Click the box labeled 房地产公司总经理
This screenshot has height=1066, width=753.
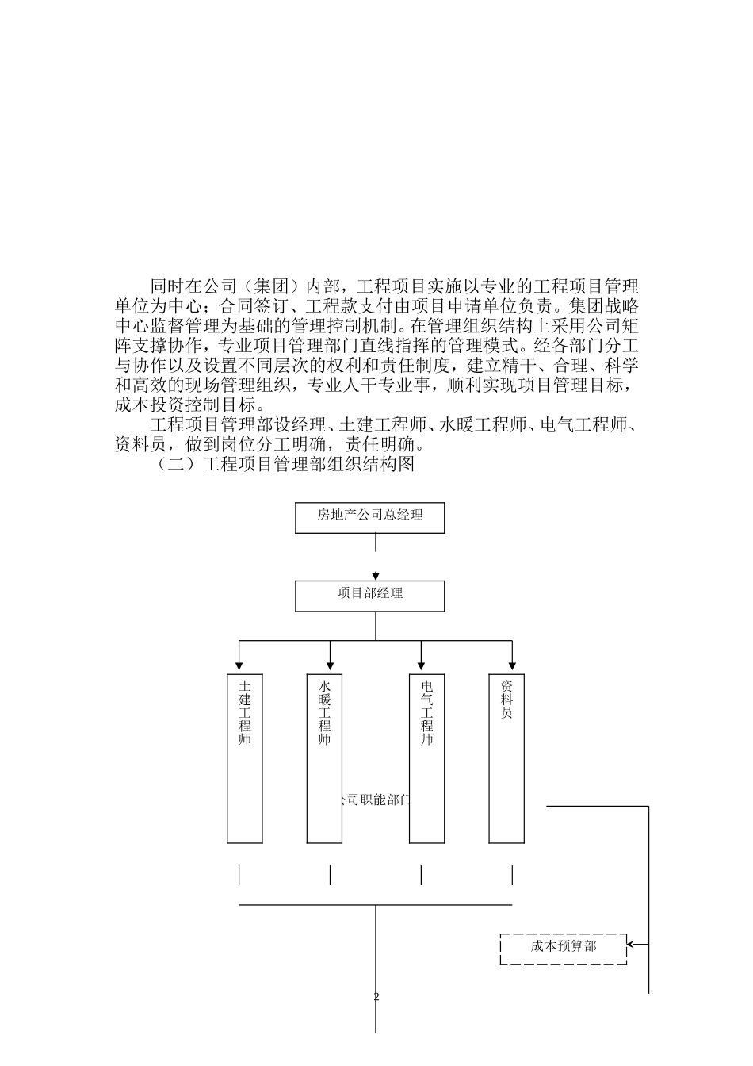click(x=369, y=517)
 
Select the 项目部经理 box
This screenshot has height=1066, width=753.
click(x=369, y=596)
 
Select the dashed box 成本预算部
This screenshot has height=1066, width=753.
click(x=563, y=949)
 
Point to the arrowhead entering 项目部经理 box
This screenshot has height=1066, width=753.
click(x=376, y=576)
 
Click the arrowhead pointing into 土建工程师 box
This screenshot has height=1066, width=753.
click(x=239, y=666)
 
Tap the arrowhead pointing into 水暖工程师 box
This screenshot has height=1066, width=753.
click(x=330, y=666)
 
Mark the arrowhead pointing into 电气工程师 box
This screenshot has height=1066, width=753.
click(x=421, y=666)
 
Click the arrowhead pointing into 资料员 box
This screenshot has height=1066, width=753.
click(x=512, y=666)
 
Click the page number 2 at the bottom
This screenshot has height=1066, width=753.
click(x=376, y=997)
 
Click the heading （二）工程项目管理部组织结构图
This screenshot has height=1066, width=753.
click(x=286, y=464)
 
